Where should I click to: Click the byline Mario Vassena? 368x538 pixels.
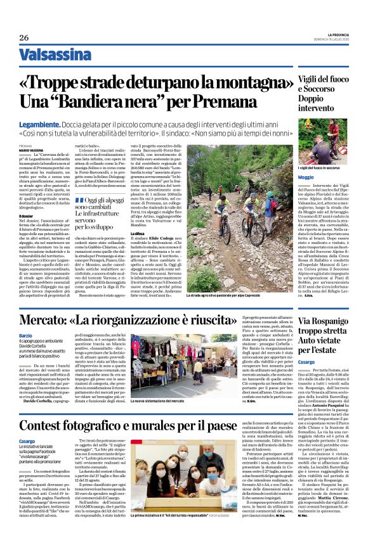(x=29, y=148)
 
